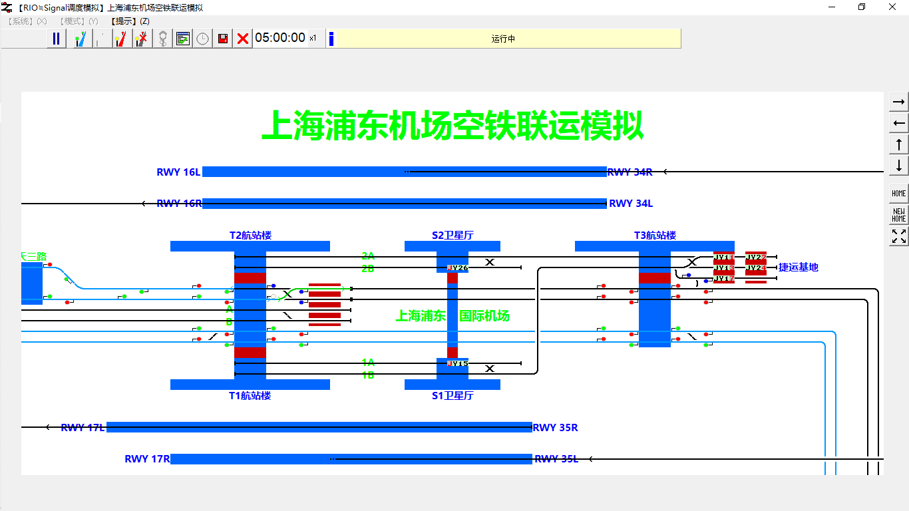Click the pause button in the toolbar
[x=56, y=39]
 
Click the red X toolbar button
[x=243, y=39]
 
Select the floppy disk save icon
[x=223, y=39]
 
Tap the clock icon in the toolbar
[x=202, y=39]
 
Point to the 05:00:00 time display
[x=280, y=38]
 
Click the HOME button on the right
[x=899, y=193]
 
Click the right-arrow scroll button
[x=899, y=102]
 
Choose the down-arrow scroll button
[x=899, y=165]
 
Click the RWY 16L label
[x=178, y=172]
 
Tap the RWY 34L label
[x=631, y=204]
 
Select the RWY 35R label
[x=555, y=427]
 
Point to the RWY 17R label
[x=147, y=459]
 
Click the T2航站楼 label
[x=250, y=236]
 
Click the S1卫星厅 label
[x=453, y=395]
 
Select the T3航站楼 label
[x=655, y=236]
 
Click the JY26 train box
[x=458, y=268]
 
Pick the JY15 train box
[x=458, y=363]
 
